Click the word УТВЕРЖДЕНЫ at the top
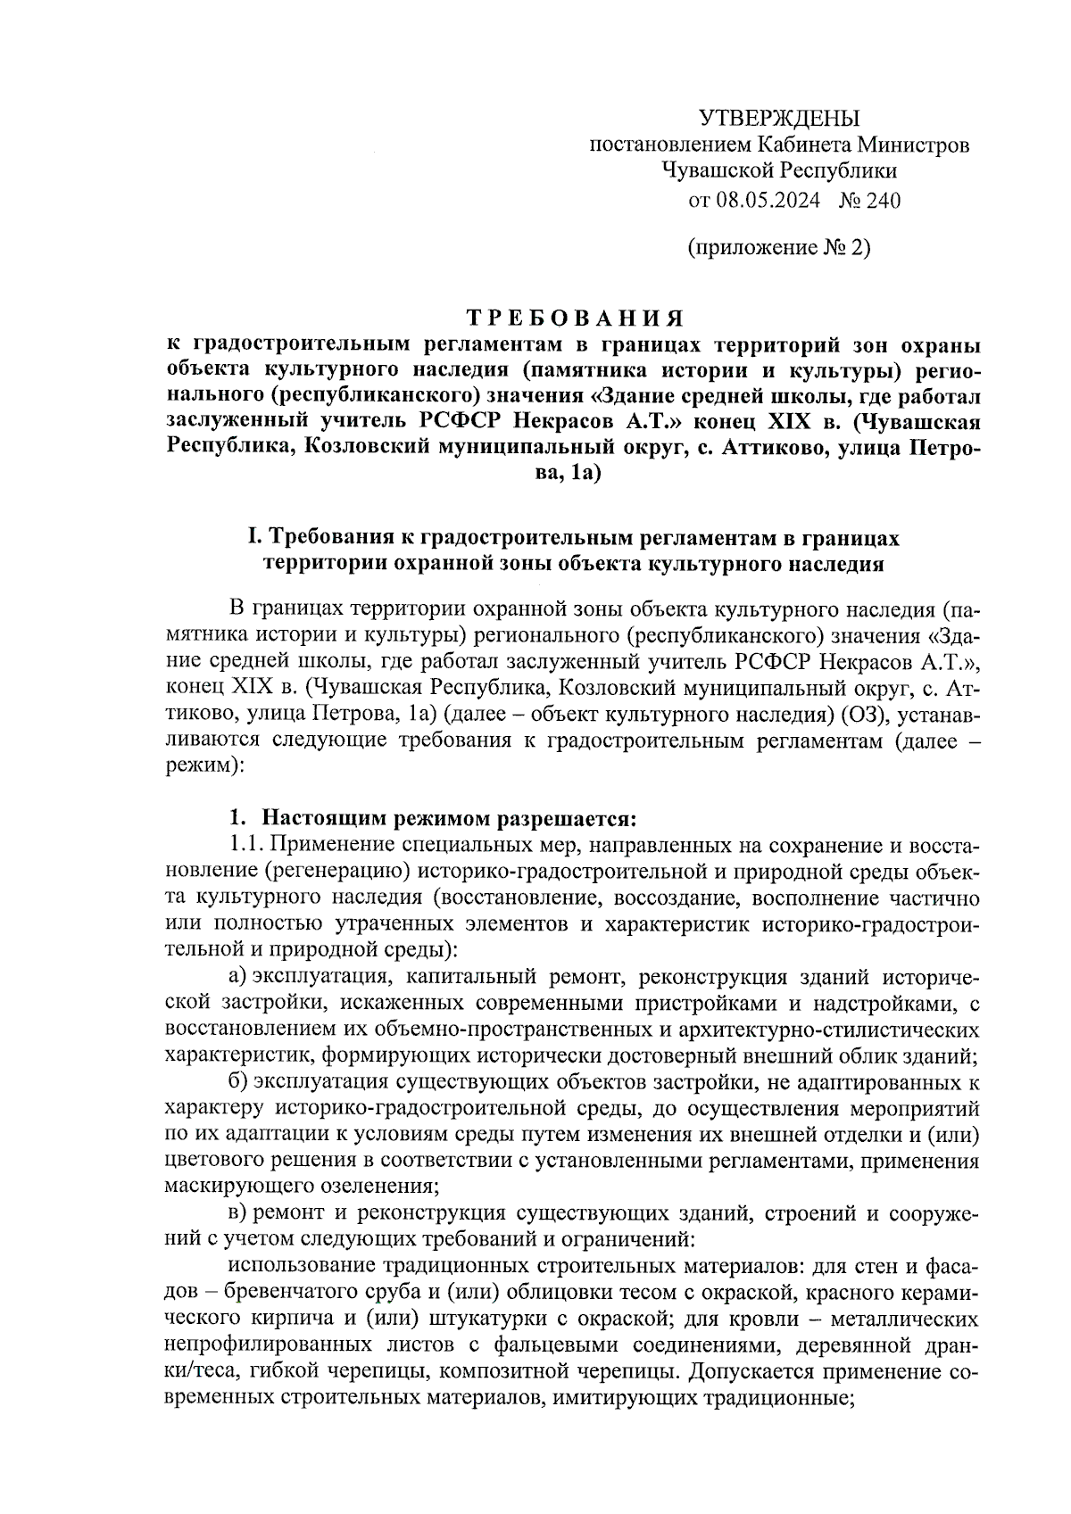click(778, 118)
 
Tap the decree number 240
click(883, 200)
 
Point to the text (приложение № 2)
click(779, 247)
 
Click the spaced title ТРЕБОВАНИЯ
click(576, 319)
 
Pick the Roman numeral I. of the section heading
click(253, 538)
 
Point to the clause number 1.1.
click(245, 844)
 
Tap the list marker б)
click(237, 1082)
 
